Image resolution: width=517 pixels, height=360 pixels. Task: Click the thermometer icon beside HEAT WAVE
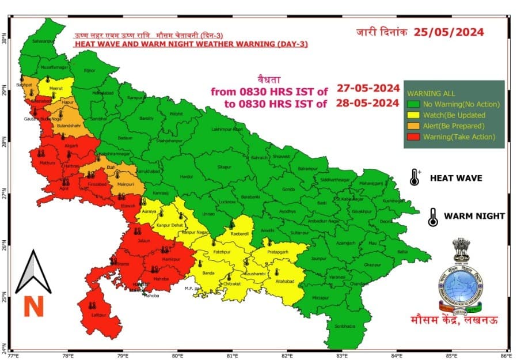coord(415,178)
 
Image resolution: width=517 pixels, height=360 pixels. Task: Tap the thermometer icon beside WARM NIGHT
coord(431,217)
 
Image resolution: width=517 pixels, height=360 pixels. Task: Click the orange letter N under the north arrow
coord(33,306)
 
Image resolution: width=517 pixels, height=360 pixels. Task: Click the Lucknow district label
coord(228,202)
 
